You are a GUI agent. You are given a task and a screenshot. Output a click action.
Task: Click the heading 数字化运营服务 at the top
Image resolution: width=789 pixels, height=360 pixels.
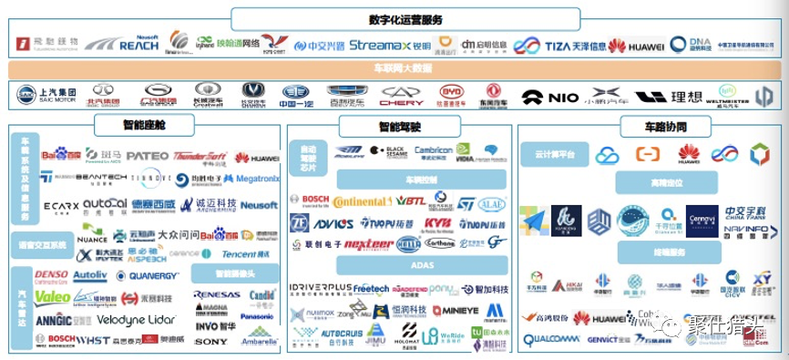[405, 20]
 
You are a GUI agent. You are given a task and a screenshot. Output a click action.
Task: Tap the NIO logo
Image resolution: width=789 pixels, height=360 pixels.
[550, 96]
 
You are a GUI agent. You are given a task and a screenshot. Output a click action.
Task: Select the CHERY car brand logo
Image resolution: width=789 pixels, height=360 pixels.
[402, 95]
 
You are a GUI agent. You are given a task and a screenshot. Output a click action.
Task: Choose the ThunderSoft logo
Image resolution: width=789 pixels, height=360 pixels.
[200, 157]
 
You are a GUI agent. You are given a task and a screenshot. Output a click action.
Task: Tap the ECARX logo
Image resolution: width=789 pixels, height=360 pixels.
[61, 206]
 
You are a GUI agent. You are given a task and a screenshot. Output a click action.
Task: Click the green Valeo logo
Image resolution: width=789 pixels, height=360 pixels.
[52, 297]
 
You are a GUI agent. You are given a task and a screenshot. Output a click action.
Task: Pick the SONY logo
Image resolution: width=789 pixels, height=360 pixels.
[210, 342]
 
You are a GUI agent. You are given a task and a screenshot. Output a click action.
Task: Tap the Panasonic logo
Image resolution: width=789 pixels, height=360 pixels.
[257, 316]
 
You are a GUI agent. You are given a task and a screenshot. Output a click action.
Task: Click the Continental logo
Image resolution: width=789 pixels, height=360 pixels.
[364, 201]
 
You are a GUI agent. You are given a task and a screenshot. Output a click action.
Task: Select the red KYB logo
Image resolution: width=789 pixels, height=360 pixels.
[437, 222]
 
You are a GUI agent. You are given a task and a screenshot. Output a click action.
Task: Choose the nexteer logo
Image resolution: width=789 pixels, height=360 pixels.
[369, 243]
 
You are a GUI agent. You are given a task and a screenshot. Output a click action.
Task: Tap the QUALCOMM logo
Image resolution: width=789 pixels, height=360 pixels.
[551, 340]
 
